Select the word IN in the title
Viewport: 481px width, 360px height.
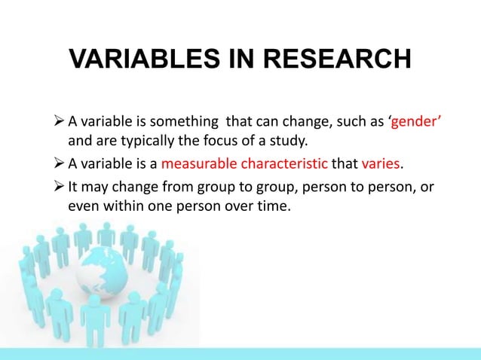point(234,59)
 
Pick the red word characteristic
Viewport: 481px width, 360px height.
point(283,164)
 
